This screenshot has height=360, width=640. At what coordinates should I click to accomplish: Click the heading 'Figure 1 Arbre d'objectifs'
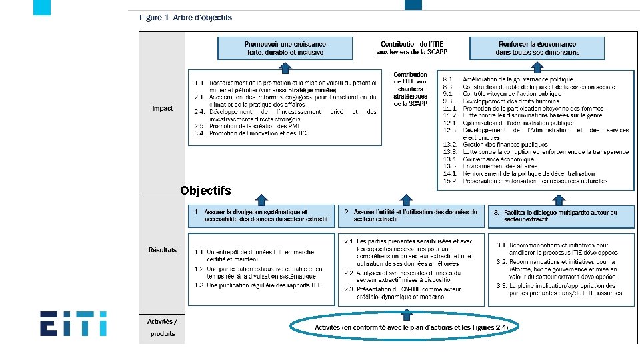tap(185, 18)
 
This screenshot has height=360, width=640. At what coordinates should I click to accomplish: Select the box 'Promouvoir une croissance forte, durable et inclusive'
tap(285, 48)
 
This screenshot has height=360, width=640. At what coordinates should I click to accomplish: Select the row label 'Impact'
tap(162, 108)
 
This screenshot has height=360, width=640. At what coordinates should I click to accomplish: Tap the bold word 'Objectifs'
tap(206, 191)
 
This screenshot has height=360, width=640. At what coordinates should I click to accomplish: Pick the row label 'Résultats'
tap(163, 250)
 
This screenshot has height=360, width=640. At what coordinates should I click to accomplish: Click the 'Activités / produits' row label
tap(162, 327)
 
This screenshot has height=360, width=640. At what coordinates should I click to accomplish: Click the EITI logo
tap(73, 324)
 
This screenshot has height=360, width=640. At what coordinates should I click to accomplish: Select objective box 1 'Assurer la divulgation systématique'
tap(261, 216)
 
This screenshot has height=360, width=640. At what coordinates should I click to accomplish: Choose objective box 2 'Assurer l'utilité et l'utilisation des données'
tap(411, 216)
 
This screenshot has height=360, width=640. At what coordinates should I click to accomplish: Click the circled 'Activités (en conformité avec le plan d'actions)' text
tap(411, 327)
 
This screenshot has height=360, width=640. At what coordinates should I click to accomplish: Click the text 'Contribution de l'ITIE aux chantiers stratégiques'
tap(411, 89)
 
